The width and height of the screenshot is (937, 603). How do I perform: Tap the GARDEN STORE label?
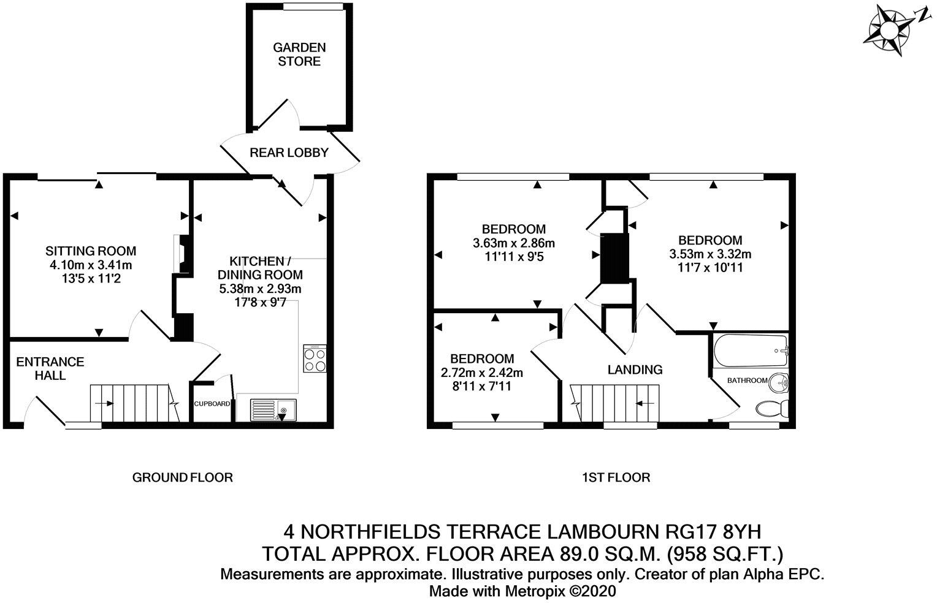tap(299, 54)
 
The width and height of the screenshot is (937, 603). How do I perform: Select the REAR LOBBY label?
tap(289, 153)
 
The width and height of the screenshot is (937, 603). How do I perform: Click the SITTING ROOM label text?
tap(91, 251)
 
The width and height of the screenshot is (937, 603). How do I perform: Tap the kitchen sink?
tap(273, 409)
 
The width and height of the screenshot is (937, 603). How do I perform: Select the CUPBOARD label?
tap(212, 404)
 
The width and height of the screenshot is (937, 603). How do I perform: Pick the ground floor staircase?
tap(132, 403)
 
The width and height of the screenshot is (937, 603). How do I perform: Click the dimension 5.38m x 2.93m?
tap(261, 289)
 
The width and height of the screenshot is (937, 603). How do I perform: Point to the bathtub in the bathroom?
tap(750, 351)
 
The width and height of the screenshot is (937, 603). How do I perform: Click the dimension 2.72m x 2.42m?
tap(481, 372)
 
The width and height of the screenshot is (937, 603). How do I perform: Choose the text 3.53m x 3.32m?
tap(710, 254)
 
